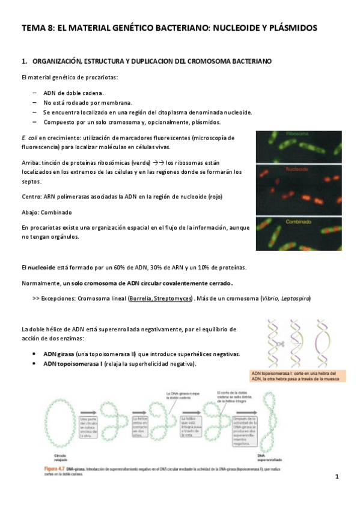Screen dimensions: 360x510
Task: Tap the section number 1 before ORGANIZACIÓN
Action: click(x=23, y=61)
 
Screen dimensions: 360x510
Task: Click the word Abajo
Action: click(x=30, y=212)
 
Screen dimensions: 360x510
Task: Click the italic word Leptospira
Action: click(x=296, y=299)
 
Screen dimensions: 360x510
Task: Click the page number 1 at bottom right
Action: click(x=337, y=477)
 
